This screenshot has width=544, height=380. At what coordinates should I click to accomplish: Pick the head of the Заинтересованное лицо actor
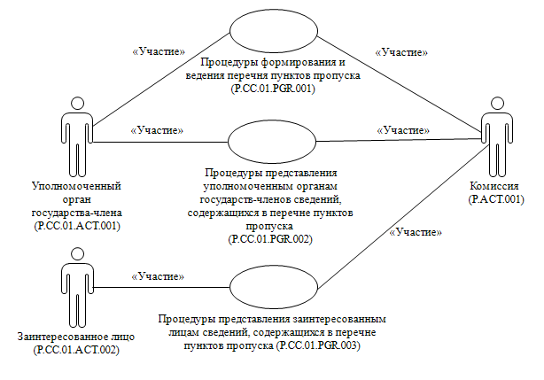click(x=76, y=252)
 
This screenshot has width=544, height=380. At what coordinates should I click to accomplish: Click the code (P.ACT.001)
click(x=496, y=199)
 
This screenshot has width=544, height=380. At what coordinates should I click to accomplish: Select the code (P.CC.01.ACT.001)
click(x=75, y=226)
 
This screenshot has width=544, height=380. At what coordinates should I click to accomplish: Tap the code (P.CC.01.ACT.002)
click(x=75, y=352)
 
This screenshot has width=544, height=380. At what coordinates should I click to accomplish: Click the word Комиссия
click(x=496, y=186)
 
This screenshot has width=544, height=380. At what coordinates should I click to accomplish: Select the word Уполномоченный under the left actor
click(x=75, y=187)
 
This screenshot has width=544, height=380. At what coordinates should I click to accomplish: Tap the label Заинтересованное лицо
click(x=75, y=338)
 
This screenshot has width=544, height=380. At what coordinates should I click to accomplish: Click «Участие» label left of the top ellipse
click(x=158, y=51)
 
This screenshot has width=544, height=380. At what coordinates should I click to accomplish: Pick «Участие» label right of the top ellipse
click(x=400, y=52)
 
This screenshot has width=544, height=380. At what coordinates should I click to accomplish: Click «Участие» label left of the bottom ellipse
click(x=158, y=276)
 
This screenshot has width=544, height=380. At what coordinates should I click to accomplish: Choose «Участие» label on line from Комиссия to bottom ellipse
click(x=415, y=232)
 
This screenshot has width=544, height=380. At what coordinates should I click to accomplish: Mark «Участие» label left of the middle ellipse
click(x=158, y=130)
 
